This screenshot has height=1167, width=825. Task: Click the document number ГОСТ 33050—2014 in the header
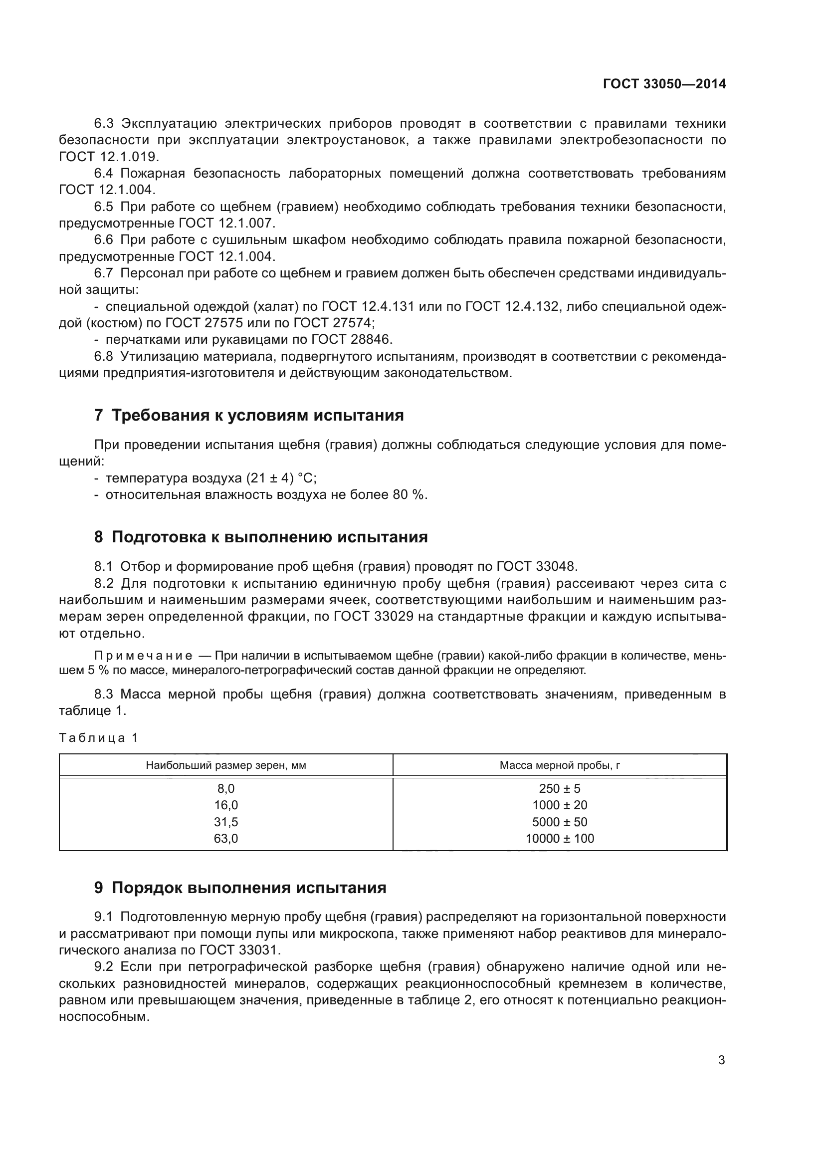(x=664, y=84)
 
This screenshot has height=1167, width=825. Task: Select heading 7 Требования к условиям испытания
(x=249, y=415)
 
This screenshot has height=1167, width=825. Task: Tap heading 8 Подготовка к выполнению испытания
(x=260, y=537)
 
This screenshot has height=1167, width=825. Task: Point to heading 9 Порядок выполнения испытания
(x=240, y=888)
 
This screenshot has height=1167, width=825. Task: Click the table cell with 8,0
(x=226, y=788)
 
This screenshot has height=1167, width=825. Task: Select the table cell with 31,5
(x=226, y=822)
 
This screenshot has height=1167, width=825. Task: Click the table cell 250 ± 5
(x=559, y=788)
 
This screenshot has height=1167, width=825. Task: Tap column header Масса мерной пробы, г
(x=559, y=765)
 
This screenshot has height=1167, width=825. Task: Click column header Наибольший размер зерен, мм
(x=226, y=765)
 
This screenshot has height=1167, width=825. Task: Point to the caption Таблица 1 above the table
(x=99, y=738)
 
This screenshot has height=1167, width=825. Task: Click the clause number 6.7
(x=104, y=273)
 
